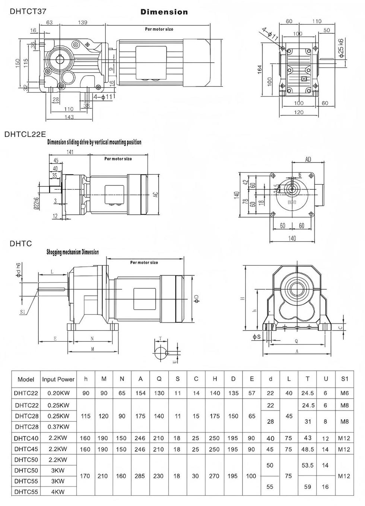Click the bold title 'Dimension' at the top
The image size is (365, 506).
[x=164, y=12]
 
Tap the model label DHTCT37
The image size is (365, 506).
[x=28, y=11]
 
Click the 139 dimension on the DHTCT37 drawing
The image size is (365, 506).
[x=82, y=22]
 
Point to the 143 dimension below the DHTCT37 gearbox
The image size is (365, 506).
[x=69, y=117]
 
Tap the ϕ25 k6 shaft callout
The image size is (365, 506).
[x=341, y=47]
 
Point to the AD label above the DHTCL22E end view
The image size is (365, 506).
[x=308, y=159]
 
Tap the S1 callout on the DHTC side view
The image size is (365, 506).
[x=23, y=312]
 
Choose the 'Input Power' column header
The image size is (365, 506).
[x=58, y=379]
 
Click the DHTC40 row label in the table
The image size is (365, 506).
[x=26, y=438]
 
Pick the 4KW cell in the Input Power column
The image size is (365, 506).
[x=58, y=492]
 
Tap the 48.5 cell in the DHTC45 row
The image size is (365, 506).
[x=308, y=449]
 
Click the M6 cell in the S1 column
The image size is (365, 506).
[x=345, y=393]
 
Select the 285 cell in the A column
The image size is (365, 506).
[x=140, y=476]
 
